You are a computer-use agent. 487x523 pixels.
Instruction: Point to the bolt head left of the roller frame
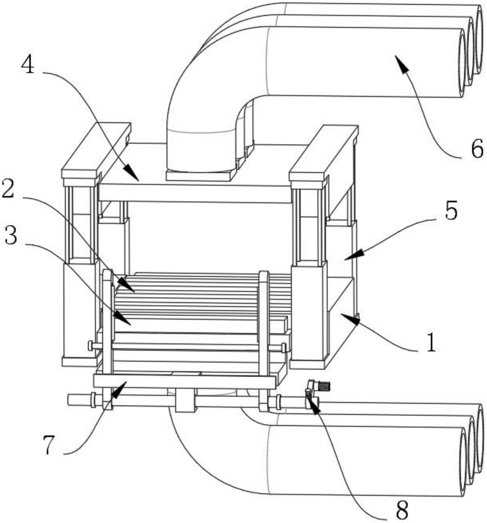[x=91, y=345]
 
